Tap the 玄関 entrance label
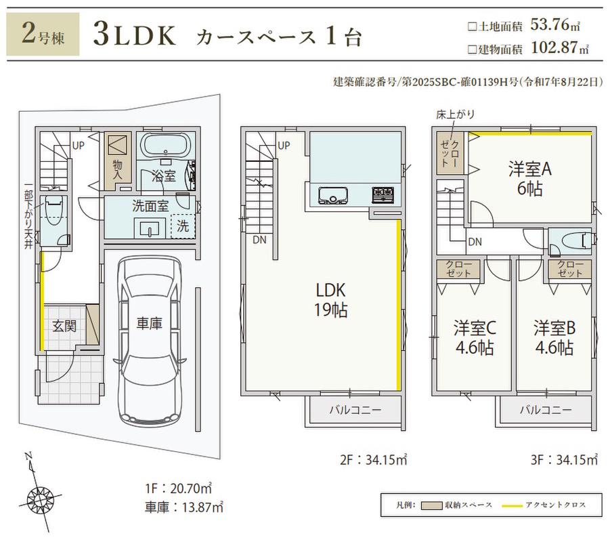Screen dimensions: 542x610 [64, 326]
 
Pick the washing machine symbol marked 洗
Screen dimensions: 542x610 [183, 227]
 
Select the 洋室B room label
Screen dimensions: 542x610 [554, 338]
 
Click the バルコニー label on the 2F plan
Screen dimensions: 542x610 [355, 410]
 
